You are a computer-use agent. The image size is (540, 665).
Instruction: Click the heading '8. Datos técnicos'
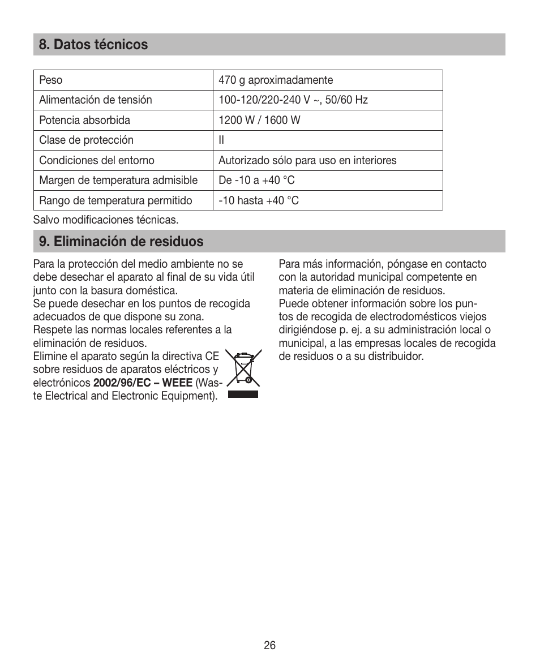point(93,45)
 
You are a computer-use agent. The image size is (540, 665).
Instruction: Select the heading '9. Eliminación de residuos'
point(121,242)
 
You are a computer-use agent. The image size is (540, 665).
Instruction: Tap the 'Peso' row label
point(51,80)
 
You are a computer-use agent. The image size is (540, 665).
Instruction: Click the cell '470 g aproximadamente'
point(276,80)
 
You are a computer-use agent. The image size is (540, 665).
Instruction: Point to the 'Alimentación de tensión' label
point(96,100)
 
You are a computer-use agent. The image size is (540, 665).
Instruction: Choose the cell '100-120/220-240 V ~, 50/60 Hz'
point(293,100)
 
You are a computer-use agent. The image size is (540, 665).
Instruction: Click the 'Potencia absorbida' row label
point(84,120)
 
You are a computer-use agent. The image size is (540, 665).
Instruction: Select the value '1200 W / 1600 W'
point(259,120)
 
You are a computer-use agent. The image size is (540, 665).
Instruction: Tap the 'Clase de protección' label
point(86,140)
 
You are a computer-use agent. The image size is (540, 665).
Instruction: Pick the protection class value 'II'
point(222,140)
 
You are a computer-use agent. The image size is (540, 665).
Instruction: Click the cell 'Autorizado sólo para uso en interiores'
point(307,160)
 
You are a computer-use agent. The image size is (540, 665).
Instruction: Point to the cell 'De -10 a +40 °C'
point(256,181)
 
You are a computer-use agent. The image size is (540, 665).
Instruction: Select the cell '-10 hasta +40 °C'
point(259,200)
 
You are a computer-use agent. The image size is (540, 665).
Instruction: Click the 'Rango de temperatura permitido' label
point(115,200)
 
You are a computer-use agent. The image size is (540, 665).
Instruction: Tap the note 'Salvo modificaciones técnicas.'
point(106,219)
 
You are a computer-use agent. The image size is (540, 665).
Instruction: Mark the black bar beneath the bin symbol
point(243,394)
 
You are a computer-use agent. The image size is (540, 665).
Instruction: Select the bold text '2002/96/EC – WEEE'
point(143,383)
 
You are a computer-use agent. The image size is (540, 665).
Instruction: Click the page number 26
point(269,645)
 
